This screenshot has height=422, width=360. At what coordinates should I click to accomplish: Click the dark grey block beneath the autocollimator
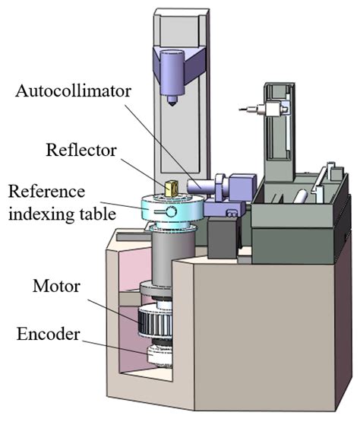(x=222, y=236)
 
